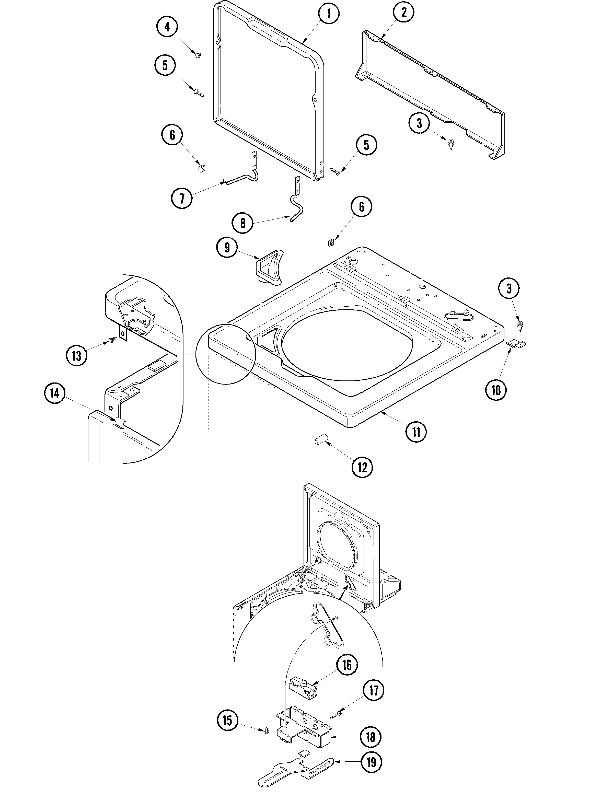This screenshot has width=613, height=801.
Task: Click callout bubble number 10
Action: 496,390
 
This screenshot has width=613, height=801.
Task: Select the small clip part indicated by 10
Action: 516,343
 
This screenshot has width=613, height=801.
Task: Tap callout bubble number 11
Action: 416,432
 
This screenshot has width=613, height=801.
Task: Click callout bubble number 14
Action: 55,393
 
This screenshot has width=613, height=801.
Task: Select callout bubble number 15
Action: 227,721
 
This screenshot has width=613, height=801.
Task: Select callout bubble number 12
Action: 362,467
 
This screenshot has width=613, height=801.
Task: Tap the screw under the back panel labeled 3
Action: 451,144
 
